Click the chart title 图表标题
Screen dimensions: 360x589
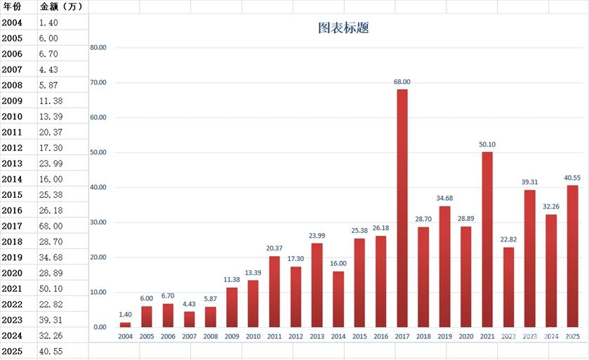pos(343,29)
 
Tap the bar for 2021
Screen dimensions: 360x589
pos(487,239)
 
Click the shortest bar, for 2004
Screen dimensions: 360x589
pos(125,324)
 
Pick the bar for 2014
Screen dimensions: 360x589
pos(338,298)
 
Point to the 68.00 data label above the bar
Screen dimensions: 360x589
pos(402,82)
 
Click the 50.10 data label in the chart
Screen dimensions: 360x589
pos(487,145)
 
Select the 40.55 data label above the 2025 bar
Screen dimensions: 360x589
pos(572,178)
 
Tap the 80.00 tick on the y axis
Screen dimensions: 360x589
pos(98,48)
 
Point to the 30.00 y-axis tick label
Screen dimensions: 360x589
pos(98,222)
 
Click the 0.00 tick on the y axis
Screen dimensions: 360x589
pos(100,327)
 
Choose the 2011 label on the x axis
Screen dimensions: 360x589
pos(274,337)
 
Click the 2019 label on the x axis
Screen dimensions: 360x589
pos(444,337)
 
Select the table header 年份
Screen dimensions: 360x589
pos(12,7)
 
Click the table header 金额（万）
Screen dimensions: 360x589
pos(62,7)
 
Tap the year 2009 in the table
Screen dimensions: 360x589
pos(12,101)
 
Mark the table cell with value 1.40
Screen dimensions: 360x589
pos(48,22)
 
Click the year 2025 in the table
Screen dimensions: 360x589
pos(12,351)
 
